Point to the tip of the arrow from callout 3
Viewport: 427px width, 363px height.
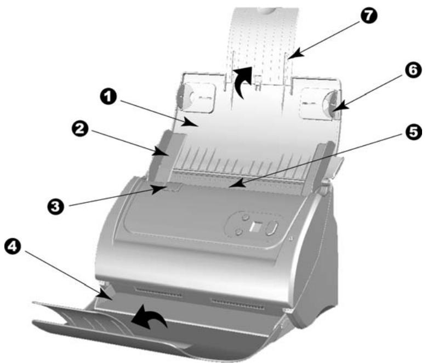(166, 188)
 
